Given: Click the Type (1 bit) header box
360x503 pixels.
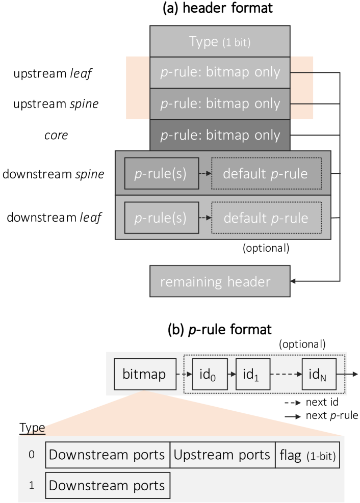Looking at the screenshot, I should pos(220,41).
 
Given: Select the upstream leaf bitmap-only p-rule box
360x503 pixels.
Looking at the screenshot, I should pos(220,72).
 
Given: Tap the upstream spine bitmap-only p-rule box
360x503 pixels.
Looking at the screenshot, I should pos(220,103).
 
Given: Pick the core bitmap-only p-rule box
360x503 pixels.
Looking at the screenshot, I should pos(220,135).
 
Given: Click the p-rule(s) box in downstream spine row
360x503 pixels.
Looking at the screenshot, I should pos(161,174).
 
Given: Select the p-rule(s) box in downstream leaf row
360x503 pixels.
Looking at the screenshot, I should pos(161,218).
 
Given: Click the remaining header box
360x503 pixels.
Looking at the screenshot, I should pos(220,281).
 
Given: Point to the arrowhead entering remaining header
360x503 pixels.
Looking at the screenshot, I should pos(293,281).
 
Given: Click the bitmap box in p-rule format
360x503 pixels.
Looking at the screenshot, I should pos(144,375).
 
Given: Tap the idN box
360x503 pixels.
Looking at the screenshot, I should pos(319,375).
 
